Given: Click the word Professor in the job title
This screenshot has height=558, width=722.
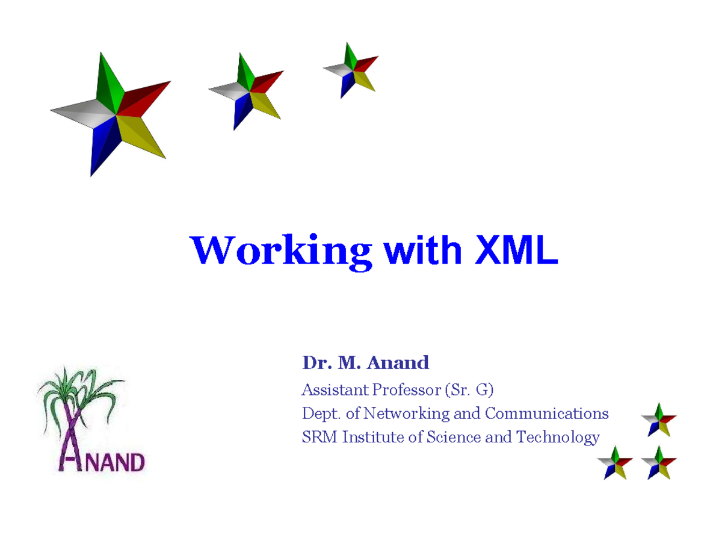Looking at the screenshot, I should pos(406,390).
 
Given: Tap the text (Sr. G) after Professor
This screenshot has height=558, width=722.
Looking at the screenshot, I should pos(469,390).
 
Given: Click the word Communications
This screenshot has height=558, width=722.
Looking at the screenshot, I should pos(546,414).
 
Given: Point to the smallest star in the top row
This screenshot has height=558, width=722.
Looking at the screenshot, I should pos(353,69).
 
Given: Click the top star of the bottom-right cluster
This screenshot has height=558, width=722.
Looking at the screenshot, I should pos(659,419).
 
